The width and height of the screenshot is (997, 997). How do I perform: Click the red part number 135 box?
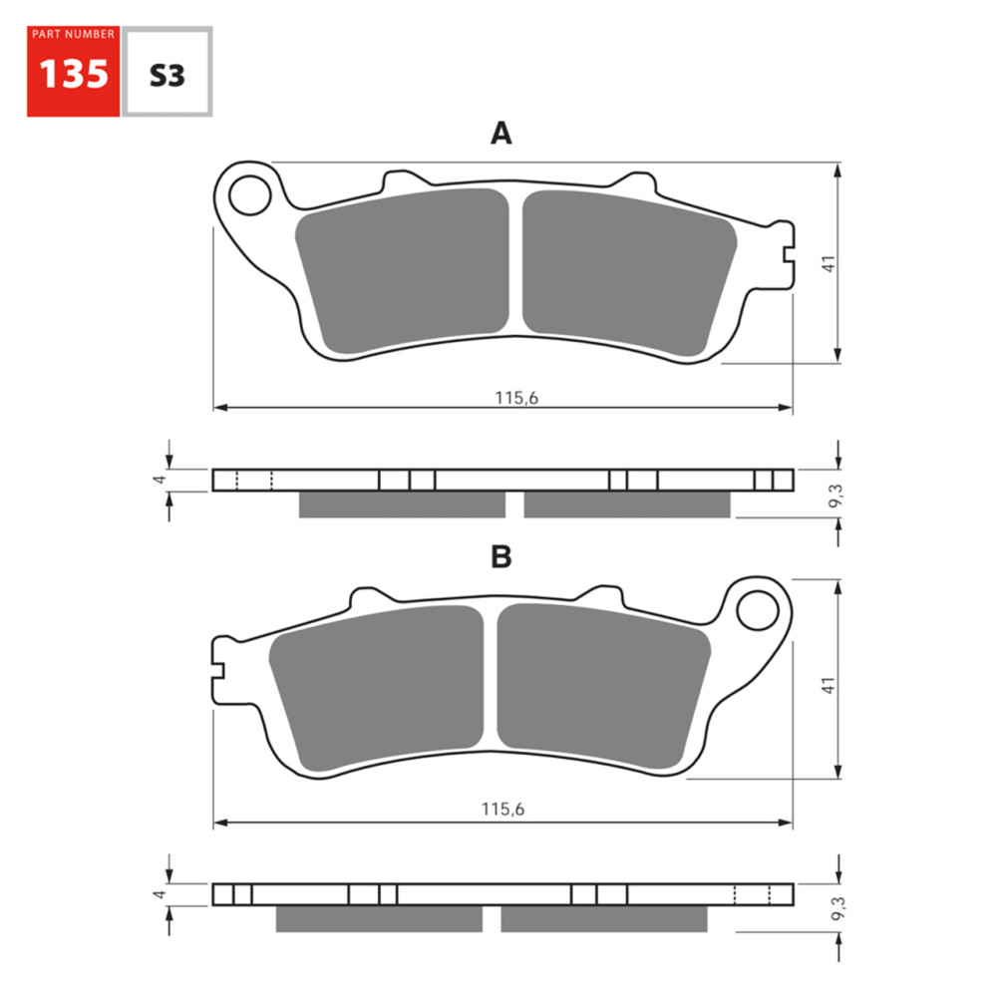tap(73, 71)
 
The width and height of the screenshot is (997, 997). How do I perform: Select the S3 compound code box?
tap(166, 73)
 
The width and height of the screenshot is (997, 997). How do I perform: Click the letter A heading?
tap(500, 134)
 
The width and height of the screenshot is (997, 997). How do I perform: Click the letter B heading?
tap(500, 557)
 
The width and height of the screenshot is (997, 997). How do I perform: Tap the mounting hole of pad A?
tap(248, 196)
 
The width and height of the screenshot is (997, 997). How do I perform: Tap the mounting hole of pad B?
tap(757, 608)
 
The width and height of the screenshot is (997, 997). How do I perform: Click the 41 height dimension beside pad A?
tap(828, 263)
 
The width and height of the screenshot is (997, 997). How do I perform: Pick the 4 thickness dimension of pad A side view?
tap(157, 480)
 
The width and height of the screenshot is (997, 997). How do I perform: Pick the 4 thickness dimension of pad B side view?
tap(157, 894)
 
